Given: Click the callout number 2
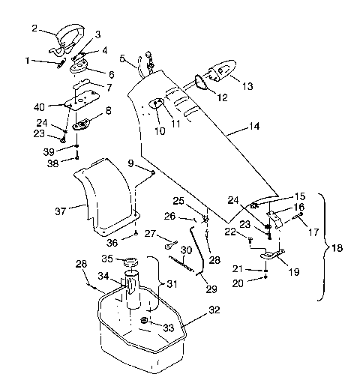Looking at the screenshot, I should (x=34, y=29).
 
